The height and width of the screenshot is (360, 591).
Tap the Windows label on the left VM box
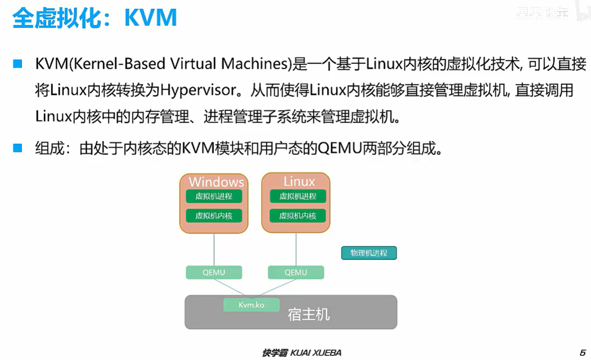tap(216, 181)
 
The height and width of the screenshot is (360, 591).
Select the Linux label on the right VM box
tap(299, 181)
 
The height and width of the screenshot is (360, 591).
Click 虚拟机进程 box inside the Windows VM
tap(214, 196)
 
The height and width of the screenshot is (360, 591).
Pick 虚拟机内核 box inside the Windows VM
tap(214, 215)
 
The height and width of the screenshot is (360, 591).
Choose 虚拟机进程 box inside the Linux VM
tap(298, 196)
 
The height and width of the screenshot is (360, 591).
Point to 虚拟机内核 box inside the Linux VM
tap(298, 215)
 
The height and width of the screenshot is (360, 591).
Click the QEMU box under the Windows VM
tap(214, 272)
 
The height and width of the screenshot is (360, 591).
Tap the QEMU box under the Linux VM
tap(296, 272)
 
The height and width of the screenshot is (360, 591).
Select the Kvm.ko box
tap(251, 305)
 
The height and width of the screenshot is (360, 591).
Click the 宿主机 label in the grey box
tap(308, 314)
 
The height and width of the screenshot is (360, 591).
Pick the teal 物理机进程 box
tap(369, 253)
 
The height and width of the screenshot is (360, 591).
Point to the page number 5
tap(582, 353)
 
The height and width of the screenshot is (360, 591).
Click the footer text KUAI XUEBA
tap(315, 353)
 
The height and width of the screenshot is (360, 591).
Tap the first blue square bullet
tap(18, 64)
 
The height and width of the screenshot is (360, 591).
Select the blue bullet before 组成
tap(18, 148)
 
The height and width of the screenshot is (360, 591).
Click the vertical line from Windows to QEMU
tap(214, 249)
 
